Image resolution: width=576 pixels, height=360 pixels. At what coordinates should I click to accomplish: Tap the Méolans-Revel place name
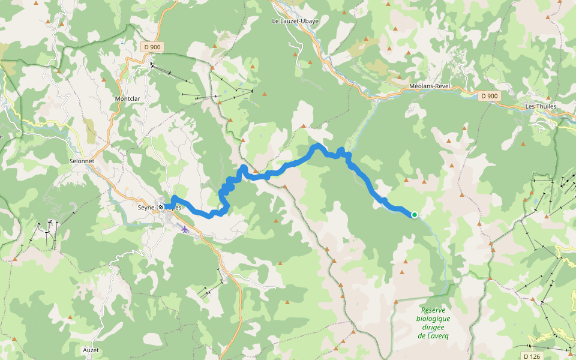(x=429, y=86)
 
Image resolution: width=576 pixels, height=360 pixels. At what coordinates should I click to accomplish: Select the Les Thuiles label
(x=541, y=106)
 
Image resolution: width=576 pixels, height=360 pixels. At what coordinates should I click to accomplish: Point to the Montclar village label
(x=127, y=98)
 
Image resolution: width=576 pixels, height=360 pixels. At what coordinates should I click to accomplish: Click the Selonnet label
(x=83, y=161)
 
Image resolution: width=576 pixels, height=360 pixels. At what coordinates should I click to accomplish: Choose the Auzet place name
(x=91, y=349)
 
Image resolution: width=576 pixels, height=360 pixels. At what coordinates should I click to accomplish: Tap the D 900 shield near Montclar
(x=153, y=47)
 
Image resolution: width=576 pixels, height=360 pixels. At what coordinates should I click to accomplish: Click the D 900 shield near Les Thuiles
(x=490, y=96)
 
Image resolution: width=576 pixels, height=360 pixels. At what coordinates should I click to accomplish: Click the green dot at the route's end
(x=414, y=214)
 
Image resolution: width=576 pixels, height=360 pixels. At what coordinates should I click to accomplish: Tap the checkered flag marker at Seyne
(x=161, y=208)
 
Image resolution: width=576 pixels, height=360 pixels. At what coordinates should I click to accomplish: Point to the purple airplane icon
(x=184, y=229)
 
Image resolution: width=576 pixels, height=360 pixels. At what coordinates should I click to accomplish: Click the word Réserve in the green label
(x=433, y=310)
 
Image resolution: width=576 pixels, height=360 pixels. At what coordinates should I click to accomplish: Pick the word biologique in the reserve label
(x=433, y=319)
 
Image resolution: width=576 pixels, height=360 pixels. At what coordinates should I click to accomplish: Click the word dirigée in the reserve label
(x=433, y=327)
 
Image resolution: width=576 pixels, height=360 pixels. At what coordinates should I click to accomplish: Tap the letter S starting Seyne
(x=139, y=208)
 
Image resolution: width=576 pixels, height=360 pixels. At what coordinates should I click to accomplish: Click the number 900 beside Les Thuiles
(x=493, y=96)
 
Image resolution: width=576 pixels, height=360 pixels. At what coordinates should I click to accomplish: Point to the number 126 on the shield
(x=535, y=356)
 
